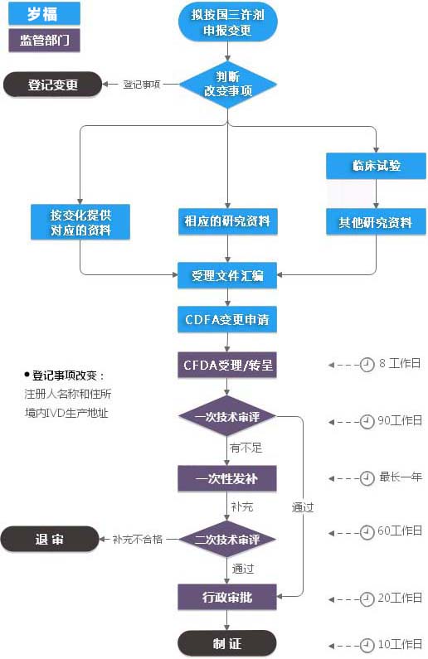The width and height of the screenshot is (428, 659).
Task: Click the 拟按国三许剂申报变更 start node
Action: pyautogui.click(x=227, y=24)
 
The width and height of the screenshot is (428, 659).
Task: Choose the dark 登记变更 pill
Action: pyautogui.click(x=52, y=84)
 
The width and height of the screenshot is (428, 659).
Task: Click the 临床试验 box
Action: pyautogui.click(x=376, y=166)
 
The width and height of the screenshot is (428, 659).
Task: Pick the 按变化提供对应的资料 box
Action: pyautogui.click(x=80, y=222)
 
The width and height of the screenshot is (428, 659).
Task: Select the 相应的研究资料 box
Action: pyautogui.click(x=227, y=222)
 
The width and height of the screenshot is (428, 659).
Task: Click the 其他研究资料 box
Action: pyautogui.click(x=376, y=222)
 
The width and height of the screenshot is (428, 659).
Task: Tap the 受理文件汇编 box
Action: pyautogui.click(x=227, y=275)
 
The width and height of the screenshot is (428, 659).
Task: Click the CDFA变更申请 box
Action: pyautogui.click(x=227, y=319)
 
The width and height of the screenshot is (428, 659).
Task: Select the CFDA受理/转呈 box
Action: pyautogui.click(x=227, y=365)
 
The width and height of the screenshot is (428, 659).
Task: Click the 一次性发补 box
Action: pyautogui.click(x=227, y=478)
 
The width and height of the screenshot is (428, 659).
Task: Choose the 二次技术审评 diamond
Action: pyautogui.click(x=227, y=539)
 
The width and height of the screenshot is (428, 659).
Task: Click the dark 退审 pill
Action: pyautogui.click(x=50, y=539)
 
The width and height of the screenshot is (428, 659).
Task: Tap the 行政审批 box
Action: pyautogui.click(x=227, y=597)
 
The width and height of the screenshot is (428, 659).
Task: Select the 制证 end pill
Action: pyautogui.click(x=227, y=642)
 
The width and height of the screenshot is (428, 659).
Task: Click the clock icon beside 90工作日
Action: pyautogui.click(x=367, y=421)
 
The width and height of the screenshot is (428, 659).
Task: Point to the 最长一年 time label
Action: pyautogui.click(x=401, y=477)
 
